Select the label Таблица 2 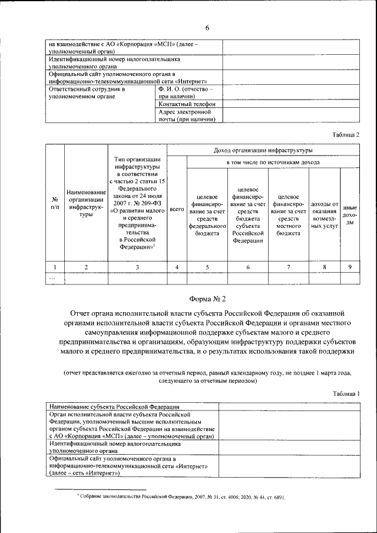[345, 135]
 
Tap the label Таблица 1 [345, 393]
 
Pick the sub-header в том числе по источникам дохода [273, 162]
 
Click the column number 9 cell [350, 267]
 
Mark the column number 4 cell [177, 267]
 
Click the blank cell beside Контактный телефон [290, 104]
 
